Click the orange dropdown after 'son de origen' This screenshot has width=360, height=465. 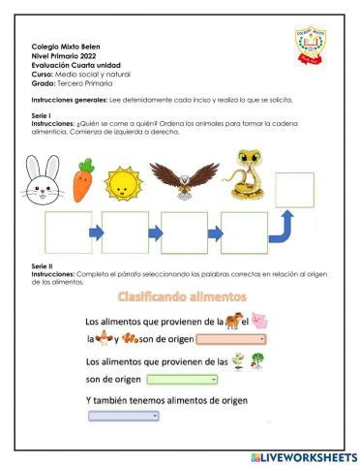coord(231,339)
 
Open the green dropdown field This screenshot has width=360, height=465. coord(181,379)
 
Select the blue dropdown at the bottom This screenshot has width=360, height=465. coord(123,415)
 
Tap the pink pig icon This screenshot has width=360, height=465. coord(259,320)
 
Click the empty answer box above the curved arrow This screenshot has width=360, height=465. coord(294,190)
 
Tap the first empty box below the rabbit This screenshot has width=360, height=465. coord(68,232)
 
